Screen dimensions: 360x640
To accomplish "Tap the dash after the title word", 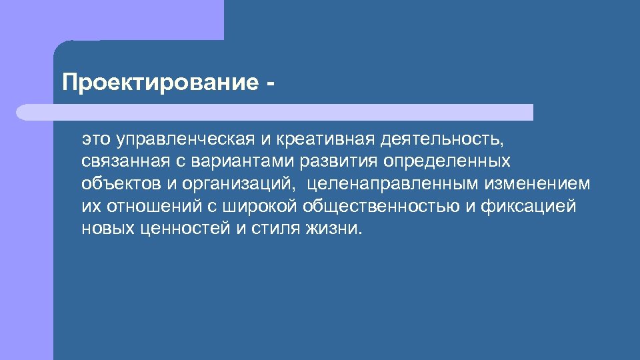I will pyautogui.click(x=269, y=84).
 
